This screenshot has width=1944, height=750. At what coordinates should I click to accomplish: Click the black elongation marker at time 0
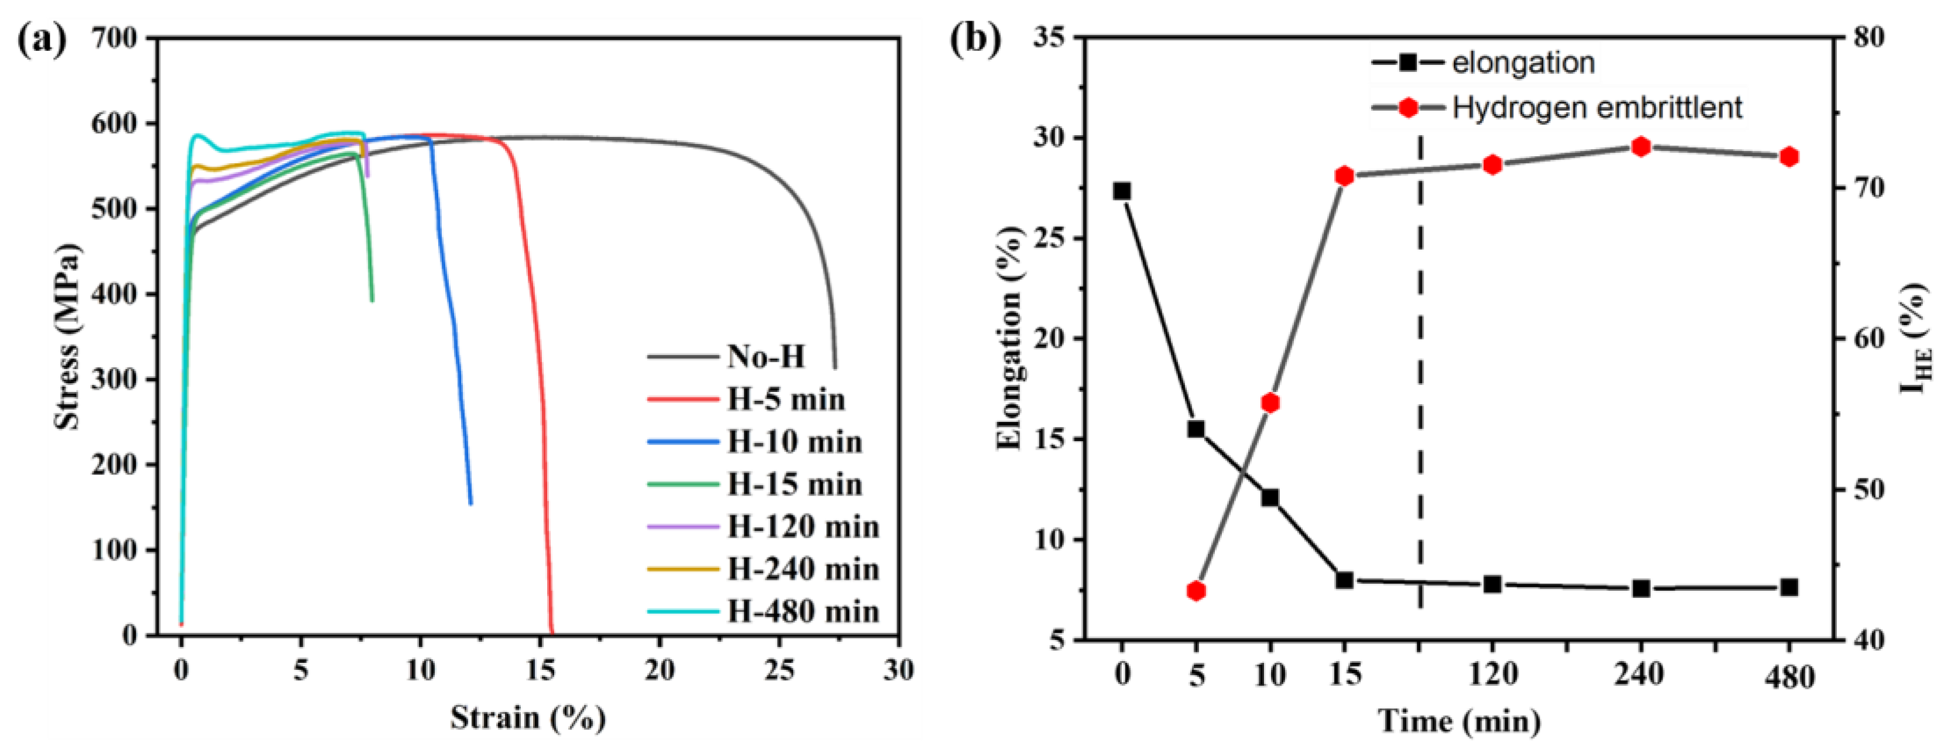pyautogui.click(x=1122, y=191)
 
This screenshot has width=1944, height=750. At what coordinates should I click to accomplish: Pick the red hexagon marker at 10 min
pyautogui.click(x=1270, y=403)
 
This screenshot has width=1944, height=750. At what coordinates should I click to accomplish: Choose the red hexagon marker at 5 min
pyautogui.click(x=1196, y=591)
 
